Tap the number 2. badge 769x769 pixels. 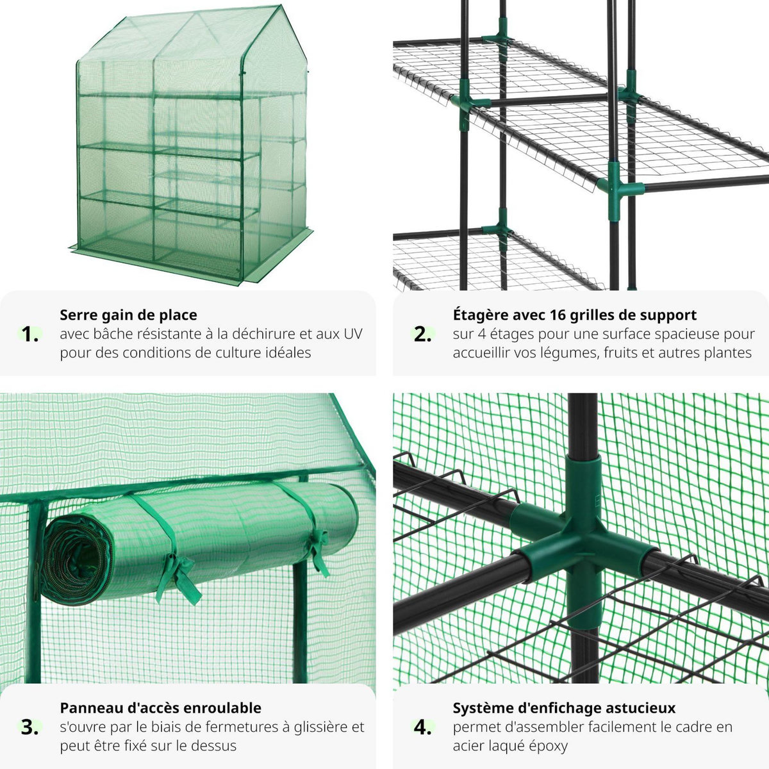pos(422,334)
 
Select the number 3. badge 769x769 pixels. pos(29,727)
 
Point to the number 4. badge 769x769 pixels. pos(422,727)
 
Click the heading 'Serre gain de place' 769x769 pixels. pos(128,315)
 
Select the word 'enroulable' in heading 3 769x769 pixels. pos(222,707)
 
